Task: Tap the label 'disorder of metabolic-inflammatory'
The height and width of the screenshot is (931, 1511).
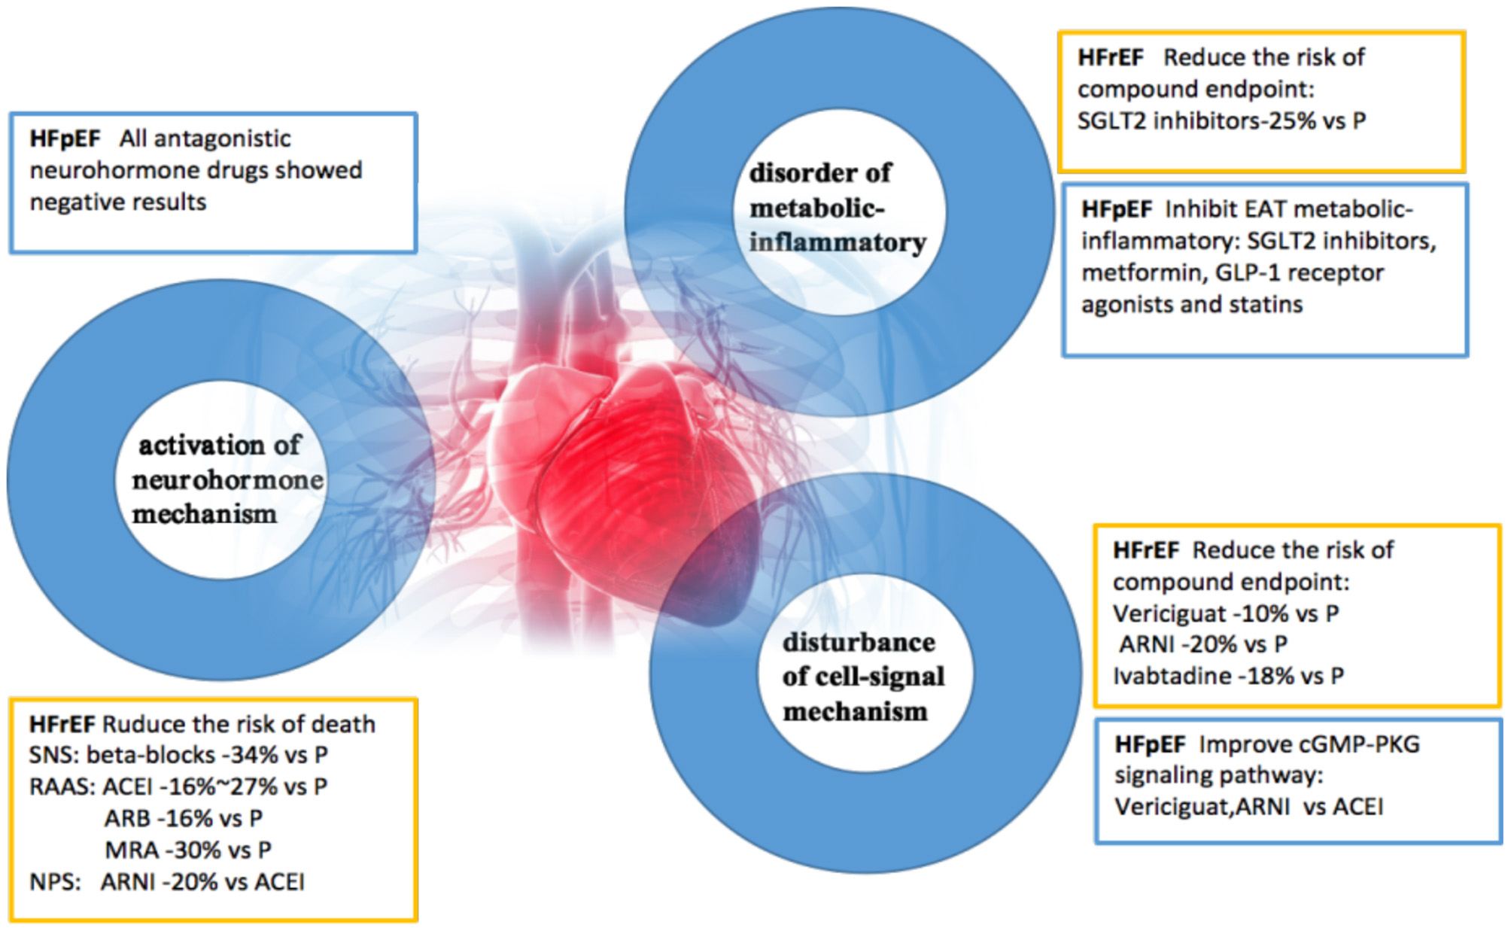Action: click(x=835, y=208)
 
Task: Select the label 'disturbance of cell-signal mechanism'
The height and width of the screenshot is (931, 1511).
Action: click(x=862, y=677)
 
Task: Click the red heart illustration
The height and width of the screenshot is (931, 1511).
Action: click(x=617, y=482)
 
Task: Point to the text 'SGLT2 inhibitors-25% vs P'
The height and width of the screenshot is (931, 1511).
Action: click(x=1221, y=120)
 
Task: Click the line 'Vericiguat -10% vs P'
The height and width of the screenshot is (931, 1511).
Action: click(x=1225, y=613)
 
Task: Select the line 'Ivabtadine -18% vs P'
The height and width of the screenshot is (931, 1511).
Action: click(x=1227, y=676)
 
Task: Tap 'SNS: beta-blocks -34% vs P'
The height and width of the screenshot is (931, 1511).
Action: click(x=178, y=755)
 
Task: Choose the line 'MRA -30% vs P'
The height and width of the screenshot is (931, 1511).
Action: click(x=188, y=850)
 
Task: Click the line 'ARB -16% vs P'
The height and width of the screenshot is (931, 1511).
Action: click(x=184, y=818)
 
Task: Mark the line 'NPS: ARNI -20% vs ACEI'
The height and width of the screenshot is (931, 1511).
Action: click(x=166, y=881)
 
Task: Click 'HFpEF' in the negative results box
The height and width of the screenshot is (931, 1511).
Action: click(x=65, y=138)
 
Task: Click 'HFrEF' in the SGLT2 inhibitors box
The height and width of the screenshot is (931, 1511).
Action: click(x=1110, y=57)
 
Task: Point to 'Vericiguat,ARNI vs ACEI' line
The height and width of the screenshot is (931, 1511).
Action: click(x=1248, y=807)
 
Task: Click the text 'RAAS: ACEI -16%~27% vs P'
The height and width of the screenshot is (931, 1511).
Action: click(x=178, y=786)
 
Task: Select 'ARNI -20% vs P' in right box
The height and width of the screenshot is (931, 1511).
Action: click(x=1202, y=644)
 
